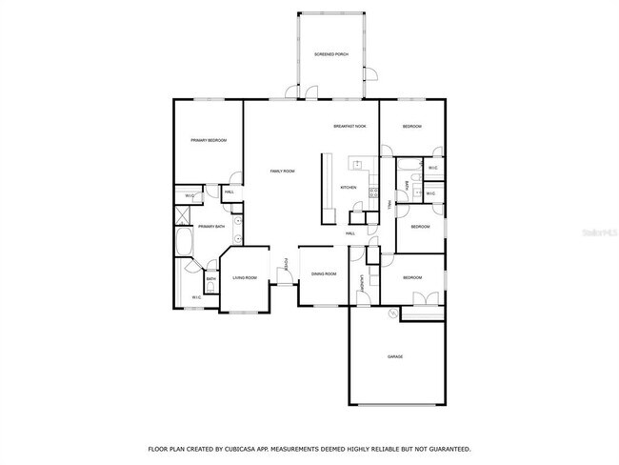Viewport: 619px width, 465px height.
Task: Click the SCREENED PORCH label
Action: (331, 54)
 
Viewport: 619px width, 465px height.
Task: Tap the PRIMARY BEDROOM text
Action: (209, 140)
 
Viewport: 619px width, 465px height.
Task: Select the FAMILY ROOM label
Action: (282, 171)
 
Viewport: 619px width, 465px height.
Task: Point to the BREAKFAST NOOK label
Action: (349, 126)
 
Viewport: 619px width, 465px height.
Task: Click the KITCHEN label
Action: (349, 188)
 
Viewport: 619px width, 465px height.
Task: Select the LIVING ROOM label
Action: (245, 277)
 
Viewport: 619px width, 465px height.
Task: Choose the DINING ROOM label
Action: (323, 273)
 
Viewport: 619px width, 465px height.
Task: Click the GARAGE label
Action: (394, 356)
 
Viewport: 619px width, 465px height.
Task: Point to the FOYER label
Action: (286, 263)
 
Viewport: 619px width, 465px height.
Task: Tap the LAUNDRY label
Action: (362, 282)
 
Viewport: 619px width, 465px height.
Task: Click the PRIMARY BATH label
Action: (211, 226)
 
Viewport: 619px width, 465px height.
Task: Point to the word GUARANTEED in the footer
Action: (446, 448)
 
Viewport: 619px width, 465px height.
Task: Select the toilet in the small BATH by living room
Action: (210, 285)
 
